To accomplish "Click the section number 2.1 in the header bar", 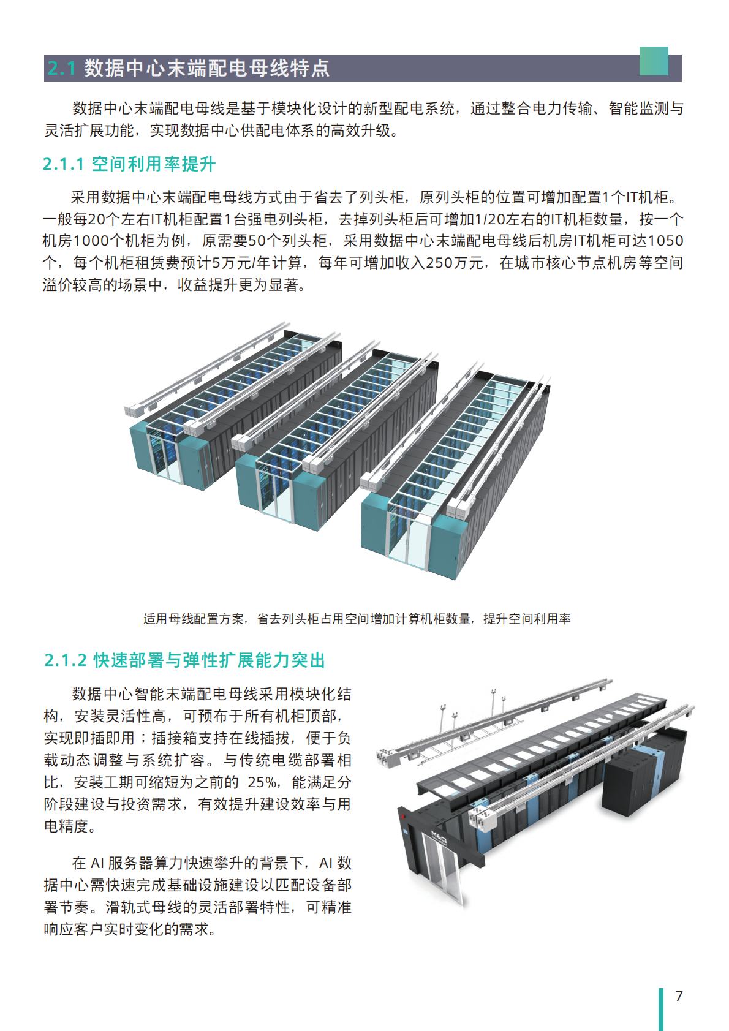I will tap(61, 68).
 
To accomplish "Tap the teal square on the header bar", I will tap(653, 61).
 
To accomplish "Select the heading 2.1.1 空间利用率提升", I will tap(129, 164).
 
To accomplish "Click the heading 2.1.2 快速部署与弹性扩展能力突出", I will tap(184, 660).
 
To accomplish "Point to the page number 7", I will tap(679, 995).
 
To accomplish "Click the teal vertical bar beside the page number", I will tap(661, 1008).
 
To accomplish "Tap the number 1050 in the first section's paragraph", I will tap(665, 241).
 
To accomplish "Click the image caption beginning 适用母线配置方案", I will tap(357, 619).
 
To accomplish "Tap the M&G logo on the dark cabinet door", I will tap(439, 837).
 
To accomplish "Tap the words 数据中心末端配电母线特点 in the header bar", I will tap(206, 68).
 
